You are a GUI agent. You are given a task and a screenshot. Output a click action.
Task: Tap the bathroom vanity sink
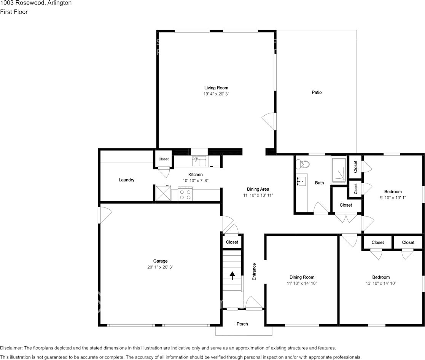302,181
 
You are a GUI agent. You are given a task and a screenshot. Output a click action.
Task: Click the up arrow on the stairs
232,274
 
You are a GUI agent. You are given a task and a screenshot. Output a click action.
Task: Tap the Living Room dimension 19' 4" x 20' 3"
216,94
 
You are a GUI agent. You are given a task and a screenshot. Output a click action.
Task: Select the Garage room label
160,261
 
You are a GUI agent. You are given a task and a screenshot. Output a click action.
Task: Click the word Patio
317,92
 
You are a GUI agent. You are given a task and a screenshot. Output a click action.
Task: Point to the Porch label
242,324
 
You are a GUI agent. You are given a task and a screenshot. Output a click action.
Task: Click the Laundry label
126,180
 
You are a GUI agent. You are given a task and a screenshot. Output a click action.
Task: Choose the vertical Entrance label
254,272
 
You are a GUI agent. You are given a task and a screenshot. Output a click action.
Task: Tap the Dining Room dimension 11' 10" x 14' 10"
302,283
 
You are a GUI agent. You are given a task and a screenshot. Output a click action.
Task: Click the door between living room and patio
269,121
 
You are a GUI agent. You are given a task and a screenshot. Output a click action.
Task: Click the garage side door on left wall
104,215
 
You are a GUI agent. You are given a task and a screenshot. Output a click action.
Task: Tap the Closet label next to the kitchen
164,159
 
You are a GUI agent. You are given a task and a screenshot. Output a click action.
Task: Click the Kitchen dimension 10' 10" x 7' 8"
196,181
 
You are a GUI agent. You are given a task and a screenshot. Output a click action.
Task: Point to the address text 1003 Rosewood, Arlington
36,3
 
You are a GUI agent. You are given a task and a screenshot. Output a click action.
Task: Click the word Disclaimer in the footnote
11,348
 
